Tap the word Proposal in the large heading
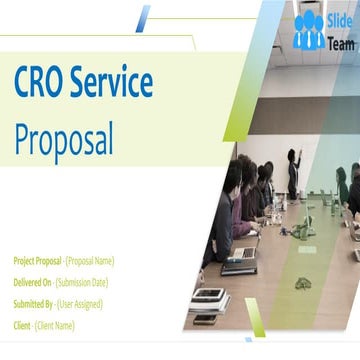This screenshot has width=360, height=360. tap(63, 140)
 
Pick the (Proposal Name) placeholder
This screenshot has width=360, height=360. tap(88, 260)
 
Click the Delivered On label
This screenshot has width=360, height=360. tap(32, 282)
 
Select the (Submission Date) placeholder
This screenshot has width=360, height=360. tap(85, 282)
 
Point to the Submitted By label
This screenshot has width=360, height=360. tap(33, 303)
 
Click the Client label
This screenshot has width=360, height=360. tap(23, 325)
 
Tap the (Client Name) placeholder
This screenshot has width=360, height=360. tap(55, 325)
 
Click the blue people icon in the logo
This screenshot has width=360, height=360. tap(309, 31)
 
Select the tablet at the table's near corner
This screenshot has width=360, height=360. tap(206, 296)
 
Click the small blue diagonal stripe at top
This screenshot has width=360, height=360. tap(143, 18)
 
